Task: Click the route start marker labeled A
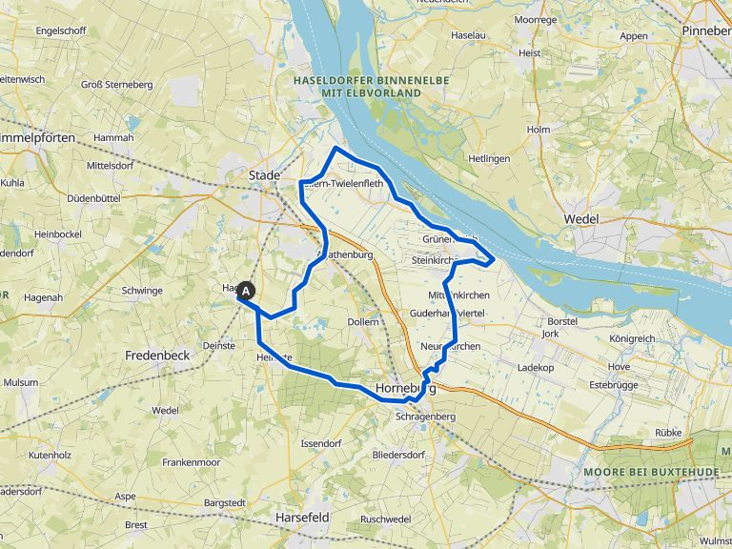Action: pos(246,291)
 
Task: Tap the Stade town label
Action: pos(264,175)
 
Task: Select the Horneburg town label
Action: pos(405,389)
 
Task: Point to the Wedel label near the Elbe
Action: pos(580,219)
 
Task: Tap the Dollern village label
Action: pos(363,322)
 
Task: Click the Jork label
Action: pos(550,335)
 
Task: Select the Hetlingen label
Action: pos(490,158)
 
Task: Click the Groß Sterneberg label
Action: pos(116,85)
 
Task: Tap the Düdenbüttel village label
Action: pos(93,198)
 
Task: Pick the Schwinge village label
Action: pos(142,291)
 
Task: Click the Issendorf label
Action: pos(320,444)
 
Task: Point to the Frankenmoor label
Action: pos(191,461)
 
